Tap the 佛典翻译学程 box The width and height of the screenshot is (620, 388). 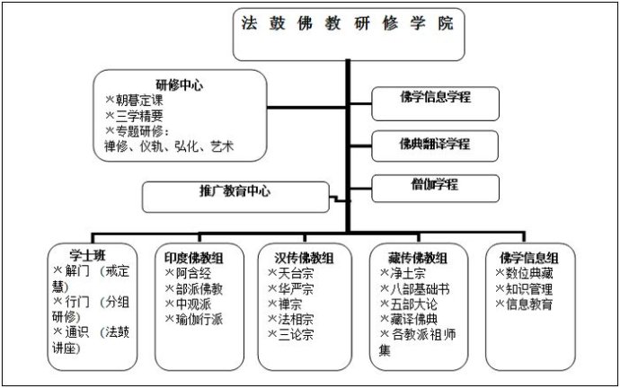tap(435, 144)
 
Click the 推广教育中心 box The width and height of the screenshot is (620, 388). tap(235, 192)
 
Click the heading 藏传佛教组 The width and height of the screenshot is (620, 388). tap(411, 257)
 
